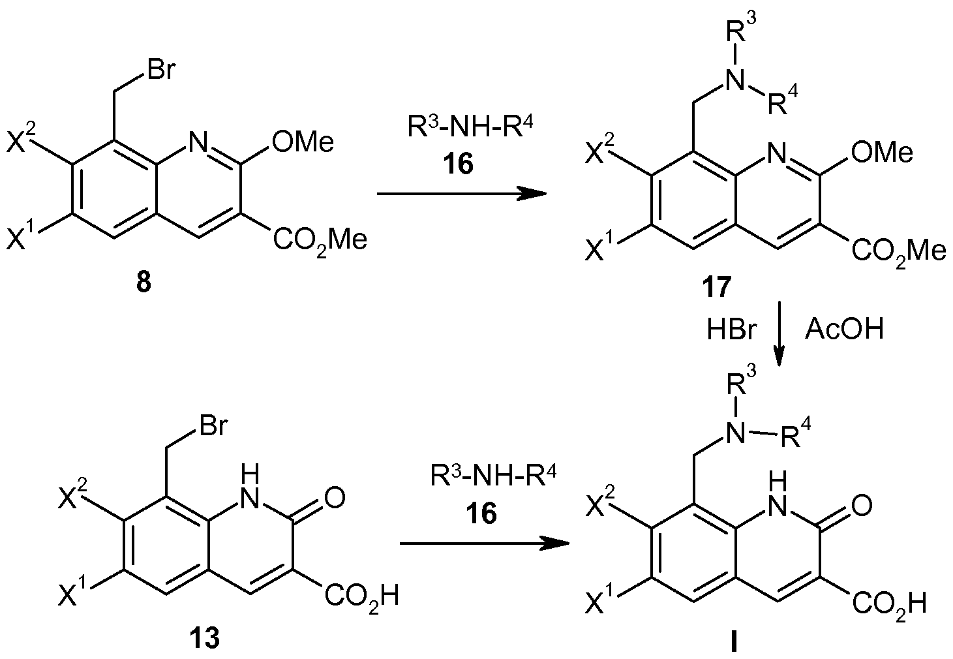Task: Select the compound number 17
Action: (716, 287)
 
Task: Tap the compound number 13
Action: (205, 638)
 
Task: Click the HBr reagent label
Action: (731, 329)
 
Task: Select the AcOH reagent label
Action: (844, 329)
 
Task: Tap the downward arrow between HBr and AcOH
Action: (779, 333)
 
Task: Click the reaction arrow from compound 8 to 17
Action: (462, 194)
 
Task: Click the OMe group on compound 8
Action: (303, 142)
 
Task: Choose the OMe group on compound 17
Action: (882, 152)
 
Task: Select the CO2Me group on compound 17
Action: (899, 252)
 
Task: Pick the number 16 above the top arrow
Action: (460, 164)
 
